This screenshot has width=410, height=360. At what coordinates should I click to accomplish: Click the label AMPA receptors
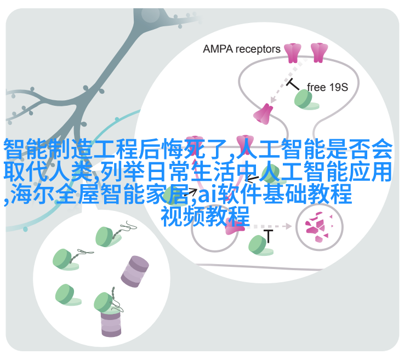(241, 49)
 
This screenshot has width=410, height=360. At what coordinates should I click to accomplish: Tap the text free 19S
(327, 87)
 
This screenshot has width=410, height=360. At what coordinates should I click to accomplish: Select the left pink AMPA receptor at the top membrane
(292, 53)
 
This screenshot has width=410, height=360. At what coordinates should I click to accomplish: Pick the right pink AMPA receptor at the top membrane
(319, 53)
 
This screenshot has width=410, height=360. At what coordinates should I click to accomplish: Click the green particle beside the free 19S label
(305, 99)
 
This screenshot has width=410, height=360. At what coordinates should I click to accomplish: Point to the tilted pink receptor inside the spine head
(263, 114)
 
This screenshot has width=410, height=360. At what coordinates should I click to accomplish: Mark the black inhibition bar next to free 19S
(293, 84)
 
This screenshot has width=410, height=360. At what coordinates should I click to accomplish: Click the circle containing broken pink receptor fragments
(319, 227)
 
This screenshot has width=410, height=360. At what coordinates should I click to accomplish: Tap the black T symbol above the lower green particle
(268, 236)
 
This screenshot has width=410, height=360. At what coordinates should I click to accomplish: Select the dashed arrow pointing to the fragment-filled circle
(269, 226)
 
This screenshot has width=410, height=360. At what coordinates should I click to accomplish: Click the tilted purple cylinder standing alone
(135, 271)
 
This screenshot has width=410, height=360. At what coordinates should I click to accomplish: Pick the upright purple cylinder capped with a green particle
(111, 323)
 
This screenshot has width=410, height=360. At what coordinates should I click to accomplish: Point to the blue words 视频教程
(205, 216)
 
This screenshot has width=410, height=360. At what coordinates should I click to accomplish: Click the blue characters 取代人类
(48, 172)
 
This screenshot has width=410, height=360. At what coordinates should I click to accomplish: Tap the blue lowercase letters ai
(207, 195)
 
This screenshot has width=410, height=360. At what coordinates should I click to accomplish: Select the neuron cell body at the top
(151, 15)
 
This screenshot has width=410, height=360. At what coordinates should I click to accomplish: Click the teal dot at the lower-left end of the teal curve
(25, 229)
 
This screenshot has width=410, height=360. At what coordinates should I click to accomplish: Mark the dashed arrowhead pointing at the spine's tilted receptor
(273, 100)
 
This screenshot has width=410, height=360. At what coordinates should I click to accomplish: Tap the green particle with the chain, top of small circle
(106, 237)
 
